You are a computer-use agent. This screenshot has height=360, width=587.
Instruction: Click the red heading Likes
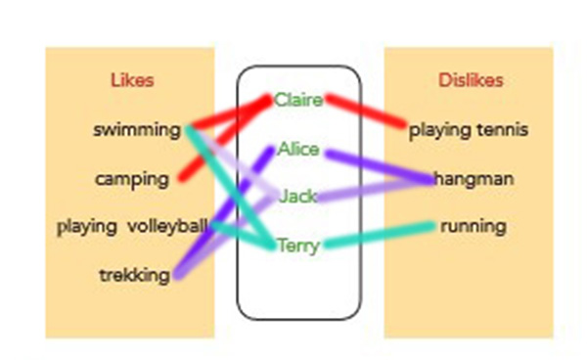tap(132, 80)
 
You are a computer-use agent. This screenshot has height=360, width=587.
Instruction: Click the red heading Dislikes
tap(471, 80)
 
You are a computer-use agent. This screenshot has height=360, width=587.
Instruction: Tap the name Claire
tap(298, 100)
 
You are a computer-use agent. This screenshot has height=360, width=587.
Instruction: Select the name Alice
tap(298, 150)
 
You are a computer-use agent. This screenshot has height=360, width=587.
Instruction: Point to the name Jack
tap(298, 197)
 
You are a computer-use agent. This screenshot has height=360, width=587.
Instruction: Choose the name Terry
tap(298, 246)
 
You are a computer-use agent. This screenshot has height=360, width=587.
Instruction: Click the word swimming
tap(137, 131)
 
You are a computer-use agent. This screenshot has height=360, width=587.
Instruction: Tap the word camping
tap(132, 180)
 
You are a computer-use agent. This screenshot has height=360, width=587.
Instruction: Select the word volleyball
tap(167, 226)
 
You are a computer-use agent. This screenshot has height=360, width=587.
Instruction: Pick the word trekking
tap(135, 276)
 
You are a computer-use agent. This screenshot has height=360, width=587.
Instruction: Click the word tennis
tap(503, 130)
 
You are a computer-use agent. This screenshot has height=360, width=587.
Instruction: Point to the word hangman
tap(474, 179)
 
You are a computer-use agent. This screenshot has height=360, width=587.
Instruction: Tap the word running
tap(474, 227)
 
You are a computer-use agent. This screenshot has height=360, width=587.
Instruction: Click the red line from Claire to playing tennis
tap(366, 112)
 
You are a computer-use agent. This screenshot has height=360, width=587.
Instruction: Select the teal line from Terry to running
tap(379, 235)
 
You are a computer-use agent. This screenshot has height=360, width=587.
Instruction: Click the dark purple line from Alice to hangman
tap(380, 166)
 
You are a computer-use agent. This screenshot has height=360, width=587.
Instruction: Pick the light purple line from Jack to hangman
tap(375, 190)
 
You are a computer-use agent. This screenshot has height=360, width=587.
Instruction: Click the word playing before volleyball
tap(87, 227)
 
